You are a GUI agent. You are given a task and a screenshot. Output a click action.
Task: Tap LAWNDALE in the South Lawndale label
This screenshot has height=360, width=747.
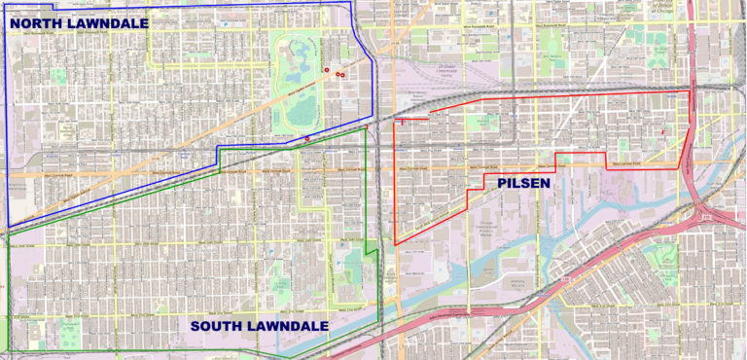[x=291, y=326]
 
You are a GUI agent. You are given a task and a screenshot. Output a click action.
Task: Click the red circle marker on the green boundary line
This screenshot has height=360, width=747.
[x=307, y=138]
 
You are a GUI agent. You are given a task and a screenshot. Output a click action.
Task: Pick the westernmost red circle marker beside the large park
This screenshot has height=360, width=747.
[x=326, y=69]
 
